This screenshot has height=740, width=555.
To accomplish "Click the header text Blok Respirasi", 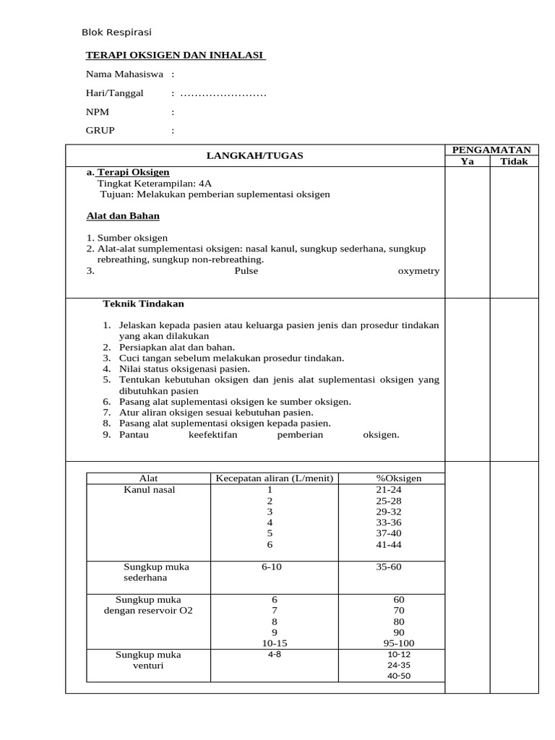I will point(116,33).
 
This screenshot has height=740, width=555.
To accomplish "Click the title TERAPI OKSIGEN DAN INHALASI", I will point(176,55).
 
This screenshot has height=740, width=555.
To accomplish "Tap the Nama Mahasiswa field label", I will point(125,74).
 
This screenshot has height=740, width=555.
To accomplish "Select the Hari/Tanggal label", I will point(115,93).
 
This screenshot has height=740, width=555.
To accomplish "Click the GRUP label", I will point(100,131).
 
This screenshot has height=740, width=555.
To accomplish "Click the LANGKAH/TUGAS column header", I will point(255,155).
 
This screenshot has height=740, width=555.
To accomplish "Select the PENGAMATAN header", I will point(491,149).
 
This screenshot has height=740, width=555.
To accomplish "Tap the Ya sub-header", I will point(468,161).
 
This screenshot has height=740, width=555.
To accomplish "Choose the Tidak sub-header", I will point(515,161).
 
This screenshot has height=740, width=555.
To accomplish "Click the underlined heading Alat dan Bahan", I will point(123,216).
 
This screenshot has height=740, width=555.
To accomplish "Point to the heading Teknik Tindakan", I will point(144,304).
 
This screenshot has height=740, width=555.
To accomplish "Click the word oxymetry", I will point(418,271).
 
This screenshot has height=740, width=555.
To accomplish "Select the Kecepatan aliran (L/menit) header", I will point(275,478).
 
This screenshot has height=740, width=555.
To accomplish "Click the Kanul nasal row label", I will point(150,490).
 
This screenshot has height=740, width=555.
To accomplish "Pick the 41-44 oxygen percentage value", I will point(389,544).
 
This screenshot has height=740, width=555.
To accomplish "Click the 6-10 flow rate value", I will point(272,567).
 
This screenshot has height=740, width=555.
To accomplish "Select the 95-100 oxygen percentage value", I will point(399,643).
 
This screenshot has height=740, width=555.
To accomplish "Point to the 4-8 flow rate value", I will point(274,654).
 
